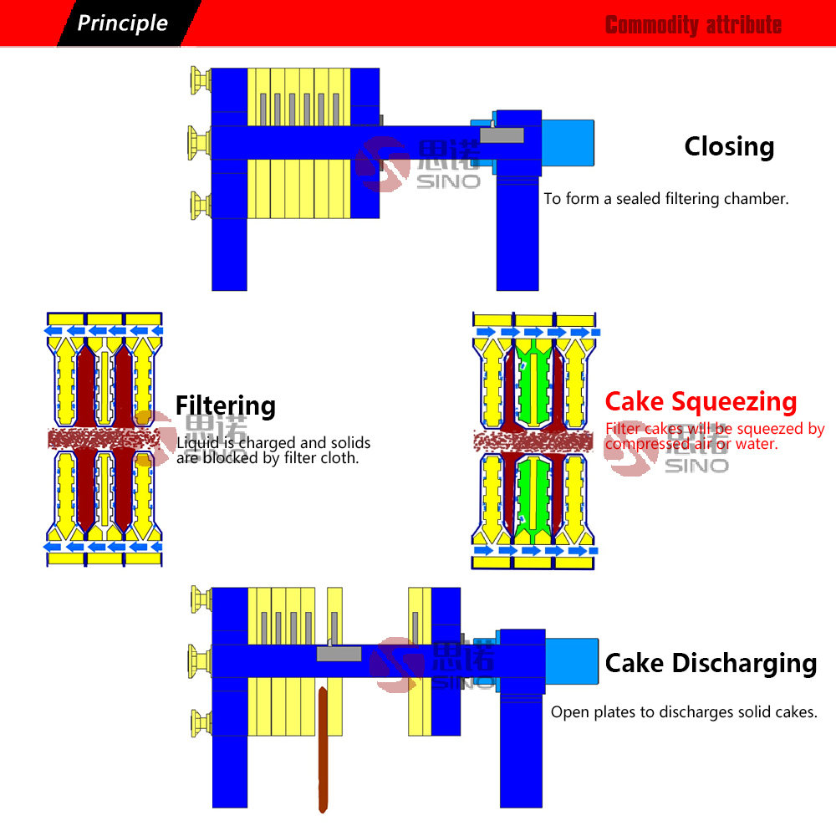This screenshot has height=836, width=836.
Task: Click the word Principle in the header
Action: [122, 23]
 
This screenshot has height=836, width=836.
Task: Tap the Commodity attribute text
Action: [693, 25]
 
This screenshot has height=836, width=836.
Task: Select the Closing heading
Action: [729, 146]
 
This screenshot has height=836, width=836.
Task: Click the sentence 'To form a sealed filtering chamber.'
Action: [665, 199]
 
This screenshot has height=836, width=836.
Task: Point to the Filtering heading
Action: [225, 405]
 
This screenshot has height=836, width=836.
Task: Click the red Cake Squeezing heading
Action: [701, 402]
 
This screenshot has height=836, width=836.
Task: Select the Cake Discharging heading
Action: [711, 663]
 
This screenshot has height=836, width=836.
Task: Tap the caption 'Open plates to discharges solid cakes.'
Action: [683, 712]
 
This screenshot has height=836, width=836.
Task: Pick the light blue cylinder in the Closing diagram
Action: [568, 142]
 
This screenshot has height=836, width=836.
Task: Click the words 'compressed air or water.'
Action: [691, 445]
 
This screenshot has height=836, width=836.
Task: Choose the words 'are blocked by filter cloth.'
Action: [268, 458]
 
